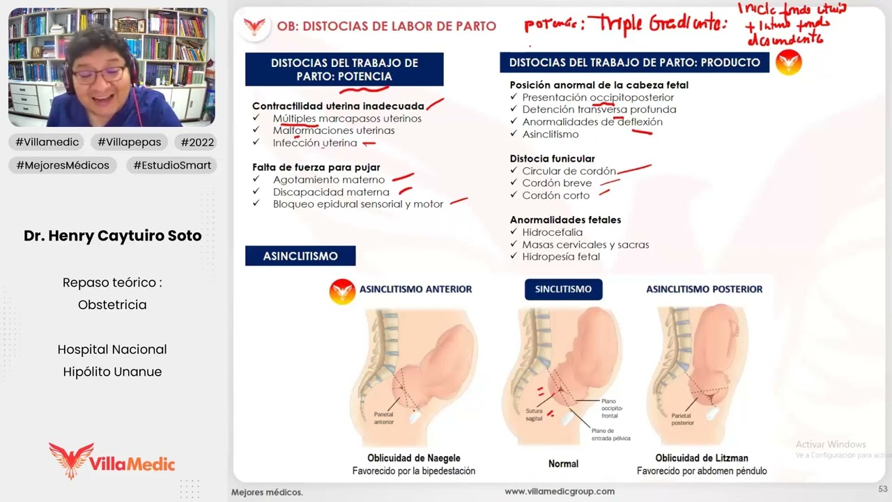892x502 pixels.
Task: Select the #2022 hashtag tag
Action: point(197,142)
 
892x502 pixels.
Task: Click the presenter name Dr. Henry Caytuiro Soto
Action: point(112,236)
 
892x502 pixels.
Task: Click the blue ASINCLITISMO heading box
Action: point(300,256)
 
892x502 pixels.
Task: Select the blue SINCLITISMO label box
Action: point(563,289)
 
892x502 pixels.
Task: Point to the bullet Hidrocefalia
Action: point(552,232)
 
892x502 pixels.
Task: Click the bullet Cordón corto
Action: point(555,195)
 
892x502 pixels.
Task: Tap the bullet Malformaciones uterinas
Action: point(333,130)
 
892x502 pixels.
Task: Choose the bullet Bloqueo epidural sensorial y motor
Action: point(357,204)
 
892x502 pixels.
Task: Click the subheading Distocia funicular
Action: point(552,158)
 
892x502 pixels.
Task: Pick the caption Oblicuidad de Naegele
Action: point(414,458)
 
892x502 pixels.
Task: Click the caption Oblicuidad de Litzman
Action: point(702,458)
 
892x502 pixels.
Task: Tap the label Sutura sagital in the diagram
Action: point(534,415)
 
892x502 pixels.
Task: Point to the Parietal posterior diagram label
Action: point(682,418)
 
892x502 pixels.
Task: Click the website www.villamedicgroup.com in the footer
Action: point(559,492)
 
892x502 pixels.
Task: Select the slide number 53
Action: point(882,489)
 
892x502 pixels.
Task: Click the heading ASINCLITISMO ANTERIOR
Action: point(415,289)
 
